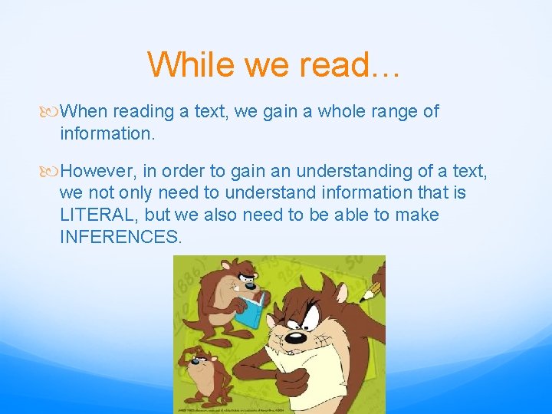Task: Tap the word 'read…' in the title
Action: [x=348, y=64]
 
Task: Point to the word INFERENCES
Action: [x=121, y=237]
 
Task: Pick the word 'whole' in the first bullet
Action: [x=341, y=111]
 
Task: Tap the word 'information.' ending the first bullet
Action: [x=107, y=133]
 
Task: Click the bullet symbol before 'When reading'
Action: [x=51, y=112]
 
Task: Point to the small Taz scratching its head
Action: [x=203, y=376]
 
